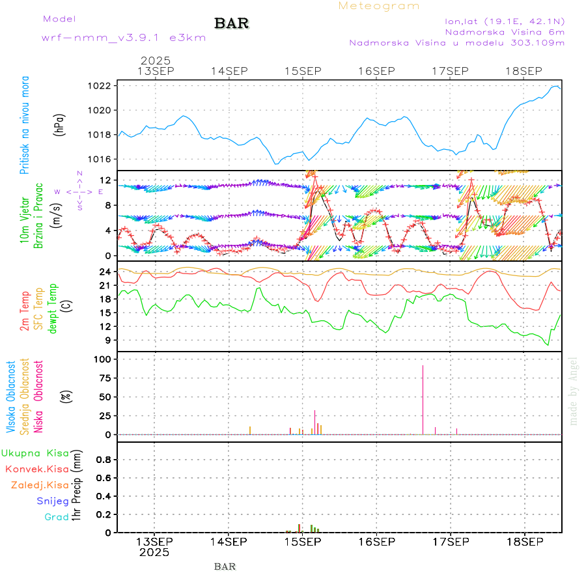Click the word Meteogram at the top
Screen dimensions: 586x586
point(379,6)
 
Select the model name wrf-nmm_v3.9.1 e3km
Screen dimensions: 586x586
point(124,38)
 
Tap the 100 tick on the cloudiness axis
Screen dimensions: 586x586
point(104,359)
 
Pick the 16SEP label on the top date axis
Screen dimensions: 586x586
point(376,71)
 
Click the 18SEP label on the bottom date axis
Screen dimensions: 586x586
point(524,542)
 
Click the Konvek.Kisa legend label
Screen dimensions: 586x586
point(36,469)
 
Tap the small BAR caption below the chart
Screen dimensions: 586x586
point(225,566)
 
